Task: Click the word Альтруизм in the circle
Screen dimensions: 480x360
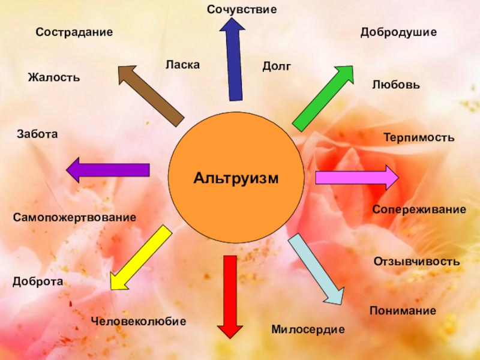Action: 236,178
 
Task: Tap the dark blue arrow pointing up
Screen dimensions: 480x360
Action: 233,60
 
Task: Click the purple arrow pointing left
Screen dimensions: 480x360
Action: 108,170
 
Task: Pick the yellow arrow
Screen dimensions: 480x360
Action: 140,258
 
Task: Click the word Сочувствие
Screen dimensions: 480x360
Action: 242,10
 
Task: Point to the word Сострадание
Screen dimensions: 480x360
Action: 74,32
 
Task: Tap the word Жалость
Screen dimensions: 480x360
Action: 53,77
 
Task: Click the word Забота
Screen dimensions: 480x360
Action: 37,134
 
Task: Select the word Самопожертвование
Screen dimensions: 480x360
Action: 74,217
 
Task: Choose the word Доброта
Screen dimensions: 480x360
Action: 37,281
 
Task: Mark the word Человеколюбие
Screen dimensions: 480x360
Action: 139,322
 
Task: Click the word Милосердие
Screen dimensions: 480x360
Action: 308,329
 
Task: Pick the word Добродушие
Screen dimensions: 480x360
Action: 398,32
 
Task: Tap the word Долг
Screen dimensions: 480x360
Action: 277,67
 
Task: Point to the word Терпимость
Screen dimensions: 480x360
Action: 419,138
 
